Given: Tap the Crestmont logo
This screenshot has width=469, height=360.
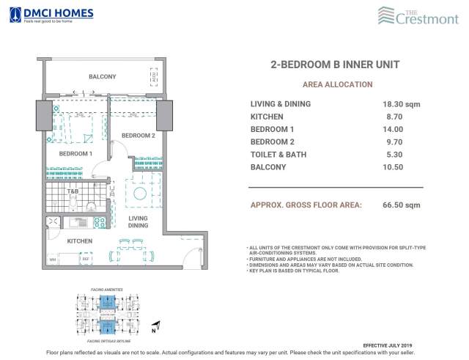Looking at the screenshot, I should (x=418, y=15).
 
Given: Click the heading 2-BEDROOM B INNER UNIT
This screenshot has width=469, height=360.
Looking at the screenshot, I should (x=335, y=65).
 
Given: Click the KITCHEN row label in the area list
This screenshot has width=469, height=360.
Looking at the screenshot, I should (x=267, y=117).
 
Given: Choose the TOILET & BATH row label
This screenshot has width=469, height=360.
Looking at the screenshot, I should (x=278, y=155).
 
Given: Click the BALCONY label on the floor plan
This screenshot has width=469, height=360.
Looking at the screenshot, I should (x=102, y=77).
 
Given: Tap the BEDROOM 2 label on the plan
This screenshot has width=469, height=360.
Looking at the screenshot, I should (x=138, y=136).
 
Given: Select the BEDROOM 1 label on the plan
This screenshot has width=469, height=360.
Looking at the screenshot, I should (x=75, y=154).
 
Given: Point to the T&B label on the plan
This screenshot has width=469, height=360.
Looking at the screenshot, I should (x=73, y=193).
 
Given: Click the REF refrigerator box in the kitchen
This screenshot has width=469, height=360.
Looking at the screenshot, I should (x=85, y=259).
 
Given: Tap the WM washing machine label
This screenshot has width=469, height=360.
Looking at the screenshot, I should (x=53, y=260).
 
